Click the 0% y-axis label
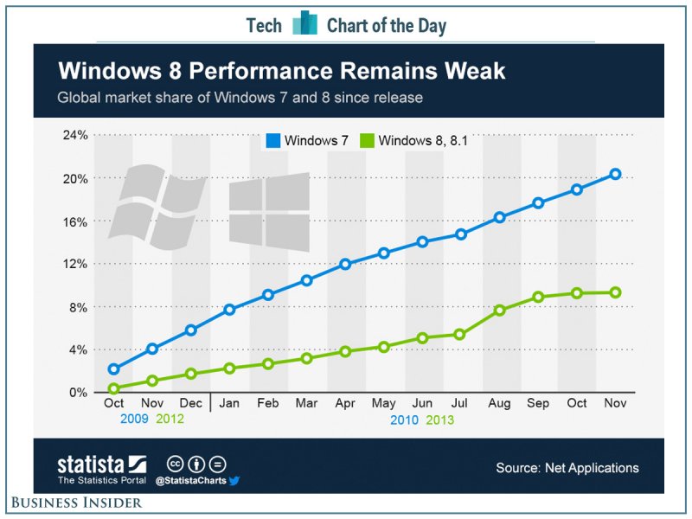pos(78,393)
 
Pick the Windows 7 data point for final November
pos(615,174)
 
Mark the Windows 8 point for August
pos(499,310)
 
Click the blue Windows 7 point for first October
pos(114,369)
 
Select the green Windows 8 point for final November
pos(615,292)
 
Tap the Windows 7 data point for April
pos(345,264)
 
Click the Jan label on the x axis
pos(230,404)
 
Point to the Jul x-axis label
pos(461,404)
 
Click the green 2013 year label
pos(436,420)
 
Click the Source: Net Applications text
pos(567,468)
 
